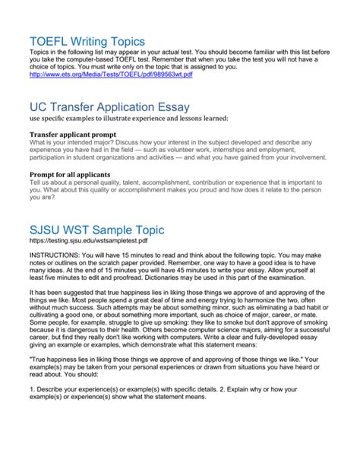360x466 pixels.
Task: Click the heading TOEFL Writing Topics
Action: point(85,41)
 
